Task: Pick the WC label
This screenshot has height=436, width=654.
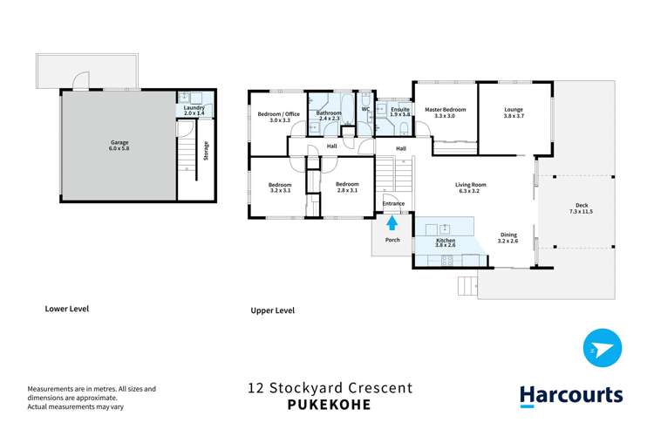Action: pyautogui.click(x=365, y=110)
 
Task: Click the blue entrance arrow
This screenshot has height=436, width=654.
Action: pyautogui.click(x=392, y=223)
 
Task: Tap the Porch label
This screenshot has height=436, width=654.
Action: pyautogui.click(x=392, y=241)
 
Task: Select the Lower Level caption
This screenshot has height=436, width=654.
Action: pyautogui.click(x=67, y=309)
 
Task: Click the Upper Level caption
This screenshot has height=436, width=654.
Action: pyautogui.click(x=273, y=310)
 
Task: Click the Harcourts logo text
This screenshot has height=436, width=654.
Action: pyautogui.click(x=571, y=395)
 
